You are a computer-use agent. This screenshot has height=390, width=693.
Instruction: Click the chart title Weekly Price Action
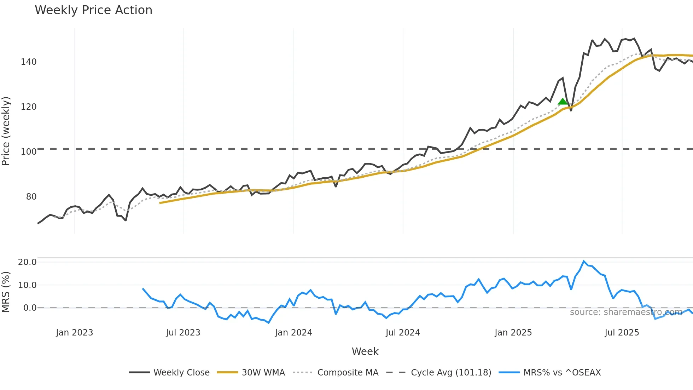click(x=93, y=10)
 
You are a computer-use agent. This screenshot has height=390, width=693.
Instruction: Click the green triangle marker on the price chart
click(x=563, y=102)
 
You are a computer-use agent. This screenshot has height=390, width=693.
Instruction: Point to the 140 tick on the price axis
click(x=29, y=62)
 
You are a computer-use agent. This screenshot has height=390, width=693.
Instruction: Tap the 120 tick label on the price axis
click(x=29, y=107)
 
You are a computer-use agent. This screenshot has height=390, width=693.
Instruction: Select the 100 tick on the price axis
click(x=29, y=152)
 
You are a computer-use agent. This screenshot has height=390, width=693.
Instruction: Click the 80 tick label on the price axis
click(x=31, y=197)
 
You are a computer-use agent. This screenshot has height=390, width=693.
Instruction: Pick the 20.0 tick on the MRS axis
click(x=27, y=262)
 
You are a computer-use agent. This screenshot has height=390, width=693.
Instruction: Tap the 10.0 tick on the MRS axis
click(x=27, y=285)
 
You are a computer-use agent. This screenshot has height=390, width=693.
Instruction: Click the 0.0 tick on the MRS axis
click(x=30, y=308)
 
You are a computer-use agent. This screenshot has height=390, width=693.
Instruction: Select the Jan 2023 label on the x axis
click(x=74, y=333)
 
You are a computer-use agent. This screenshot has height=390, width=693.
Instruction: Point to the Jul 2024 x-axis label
click(x=403, y=333)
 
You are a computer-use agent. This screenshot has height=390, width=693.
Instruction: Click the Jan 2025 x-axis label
click(x=513, y=333)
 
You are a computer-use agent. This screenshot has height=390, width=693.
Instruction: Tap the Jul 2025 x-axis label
click(x=622, y=333)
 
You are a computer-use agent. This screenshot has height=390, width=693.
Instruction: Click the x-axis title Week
click(x=365, y=351)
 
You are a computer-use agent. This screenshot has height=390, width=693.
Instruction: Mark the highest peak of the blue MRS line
click(x=584, y=261)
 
